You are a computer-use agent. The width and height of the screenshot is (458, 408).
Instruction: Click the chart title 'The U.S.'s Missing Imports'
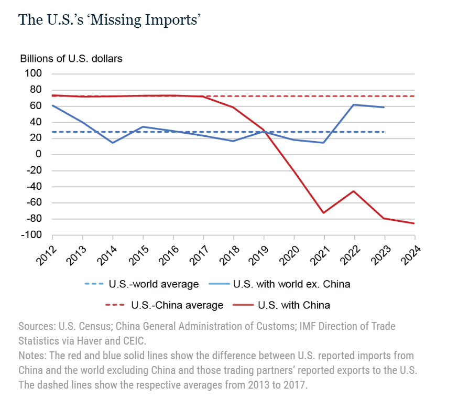(x=110, y=19)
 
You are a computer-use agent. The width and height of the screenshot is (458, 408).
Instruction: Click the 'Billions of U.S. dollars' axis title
(x=71, y=58)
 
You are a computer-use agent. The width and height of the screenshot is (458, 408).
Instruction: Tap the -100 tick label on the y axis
(x=31, y=235)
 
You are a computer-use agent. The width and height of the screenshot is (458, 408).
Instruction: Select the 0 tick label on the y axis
(x=38, y=154)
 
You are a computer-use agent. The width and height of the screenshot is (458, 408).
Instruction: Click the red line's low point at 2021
(x=324, y=212)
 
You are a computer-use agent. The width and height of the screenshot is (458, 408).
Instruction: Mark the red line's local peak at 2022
(x=354, y=191)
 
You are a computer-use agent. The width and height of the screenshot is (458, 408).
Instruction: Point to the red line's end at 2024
(x=415, y=223)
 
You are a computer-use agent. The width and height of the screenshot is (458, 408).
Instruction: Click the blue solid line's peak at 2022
(x=354, y=104)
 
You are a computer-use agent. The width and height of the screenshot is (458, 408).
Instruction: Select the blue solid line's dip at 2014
(x=113, y=143)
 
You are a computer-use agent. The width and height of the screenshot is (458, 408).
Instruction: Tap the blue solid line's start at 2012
(x=52, y=105)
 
